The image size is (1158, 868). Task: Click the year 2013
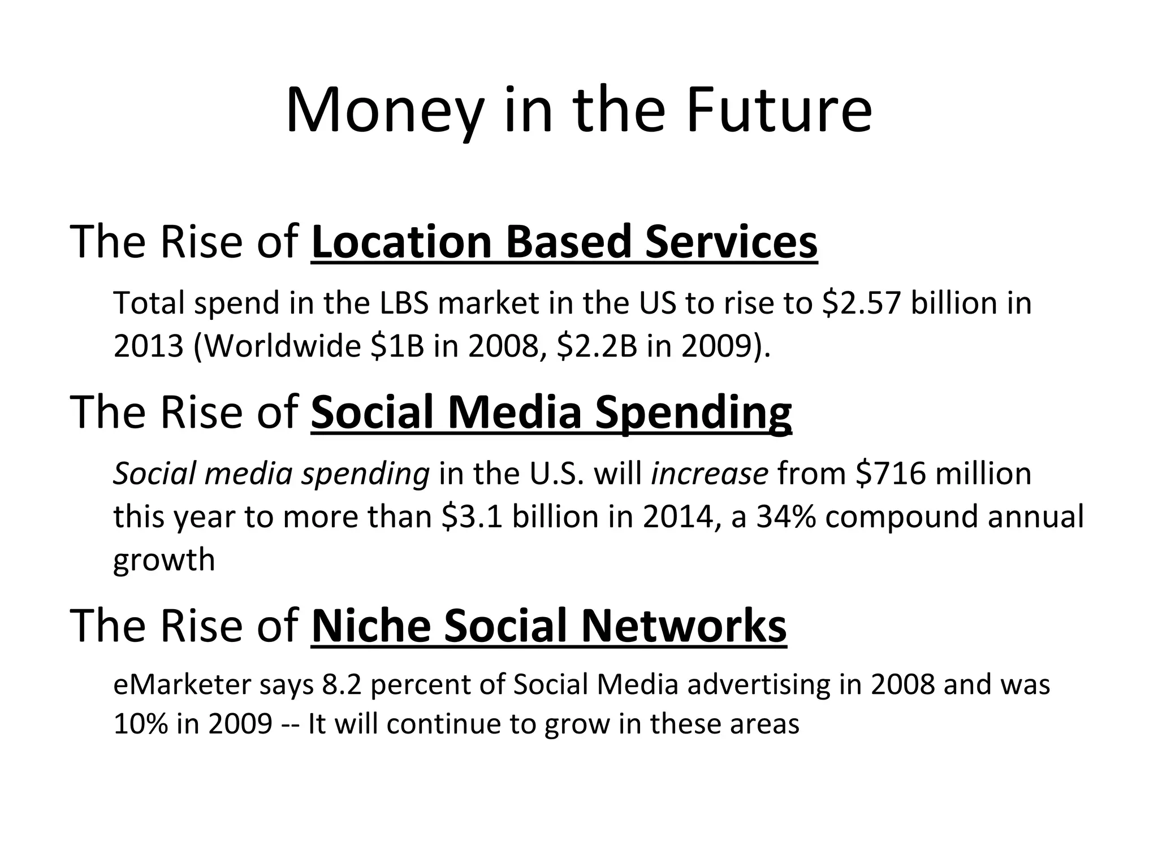148,346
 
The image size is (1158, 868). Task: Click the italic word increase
710,474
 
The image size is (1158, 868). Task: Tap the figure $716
891,474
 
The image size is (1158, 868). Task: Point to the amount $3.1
472,517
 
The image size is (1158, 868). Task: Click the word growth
164,561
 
